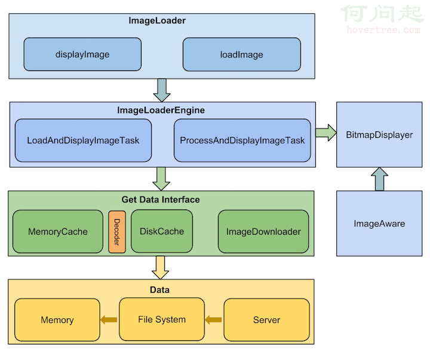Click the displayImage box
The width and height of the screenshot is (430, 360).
pyautogui.click(x=82, y=54)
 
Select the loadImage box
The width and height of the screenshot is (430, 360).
pyautogui.click(x=241, y=54)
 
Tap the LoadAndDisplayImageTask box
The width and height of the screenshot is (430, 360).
pyautogui.click(x=83, y=141)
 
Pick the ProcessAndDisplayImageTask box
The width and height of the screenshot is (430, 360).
pyautogui.click(x=242, y=141)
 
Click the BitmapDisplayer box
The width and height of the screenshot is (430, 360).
pyautogui.click(x=379, y=135)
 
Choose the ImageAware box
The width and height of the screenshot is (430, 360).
pyautogui.click(x=379, y=224)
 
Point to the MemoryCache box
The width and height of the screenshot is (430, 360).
pyautogui.click(x=58, y=232)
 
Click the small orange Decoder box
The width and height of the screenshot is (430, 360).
pyautogui.click(x=117, y=232)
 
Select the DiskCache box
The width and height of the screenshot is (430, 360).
pyautogui.click(x=162, y=231)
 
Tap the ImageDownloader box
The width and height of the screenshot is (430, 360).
pyautogui.click(x=263, y=232)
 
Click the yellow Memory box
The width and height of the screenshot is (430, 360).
pyautogui.click(x=57, y=320)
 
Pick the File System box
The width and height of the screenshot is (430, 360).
pyautogui.click(x=162, y=319)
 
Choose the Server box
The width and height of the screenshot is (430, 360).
pyautogui.click(x=266, y=320)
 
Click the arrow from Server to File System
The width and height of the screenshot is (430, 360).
pyautogui.click(x=213, y=320)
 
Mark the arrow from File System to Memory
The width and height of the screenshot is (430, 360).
pyautogui.click(x=109, y=320)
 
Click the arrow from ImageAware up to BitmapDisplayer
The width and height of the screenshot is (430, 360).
pyautogui.click(x=379, y=179)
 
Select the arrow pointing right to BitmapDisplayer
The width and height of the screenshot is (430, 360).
pyautogui.click(x=325, y=134)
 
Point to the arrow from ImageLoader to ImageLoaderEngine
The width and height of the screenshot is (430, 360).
pyautogui.click(x=162, y=90)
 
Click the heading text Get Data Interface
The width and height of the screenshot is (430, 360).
pyautogui.click(x=161, y=199)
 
